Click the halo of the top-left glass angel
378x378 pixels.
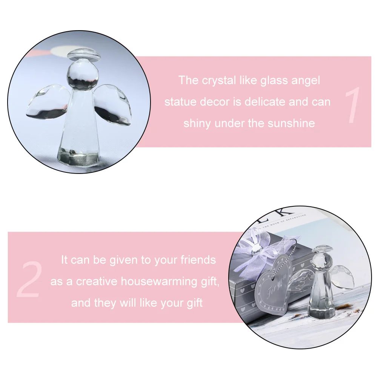pos(84,55)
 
